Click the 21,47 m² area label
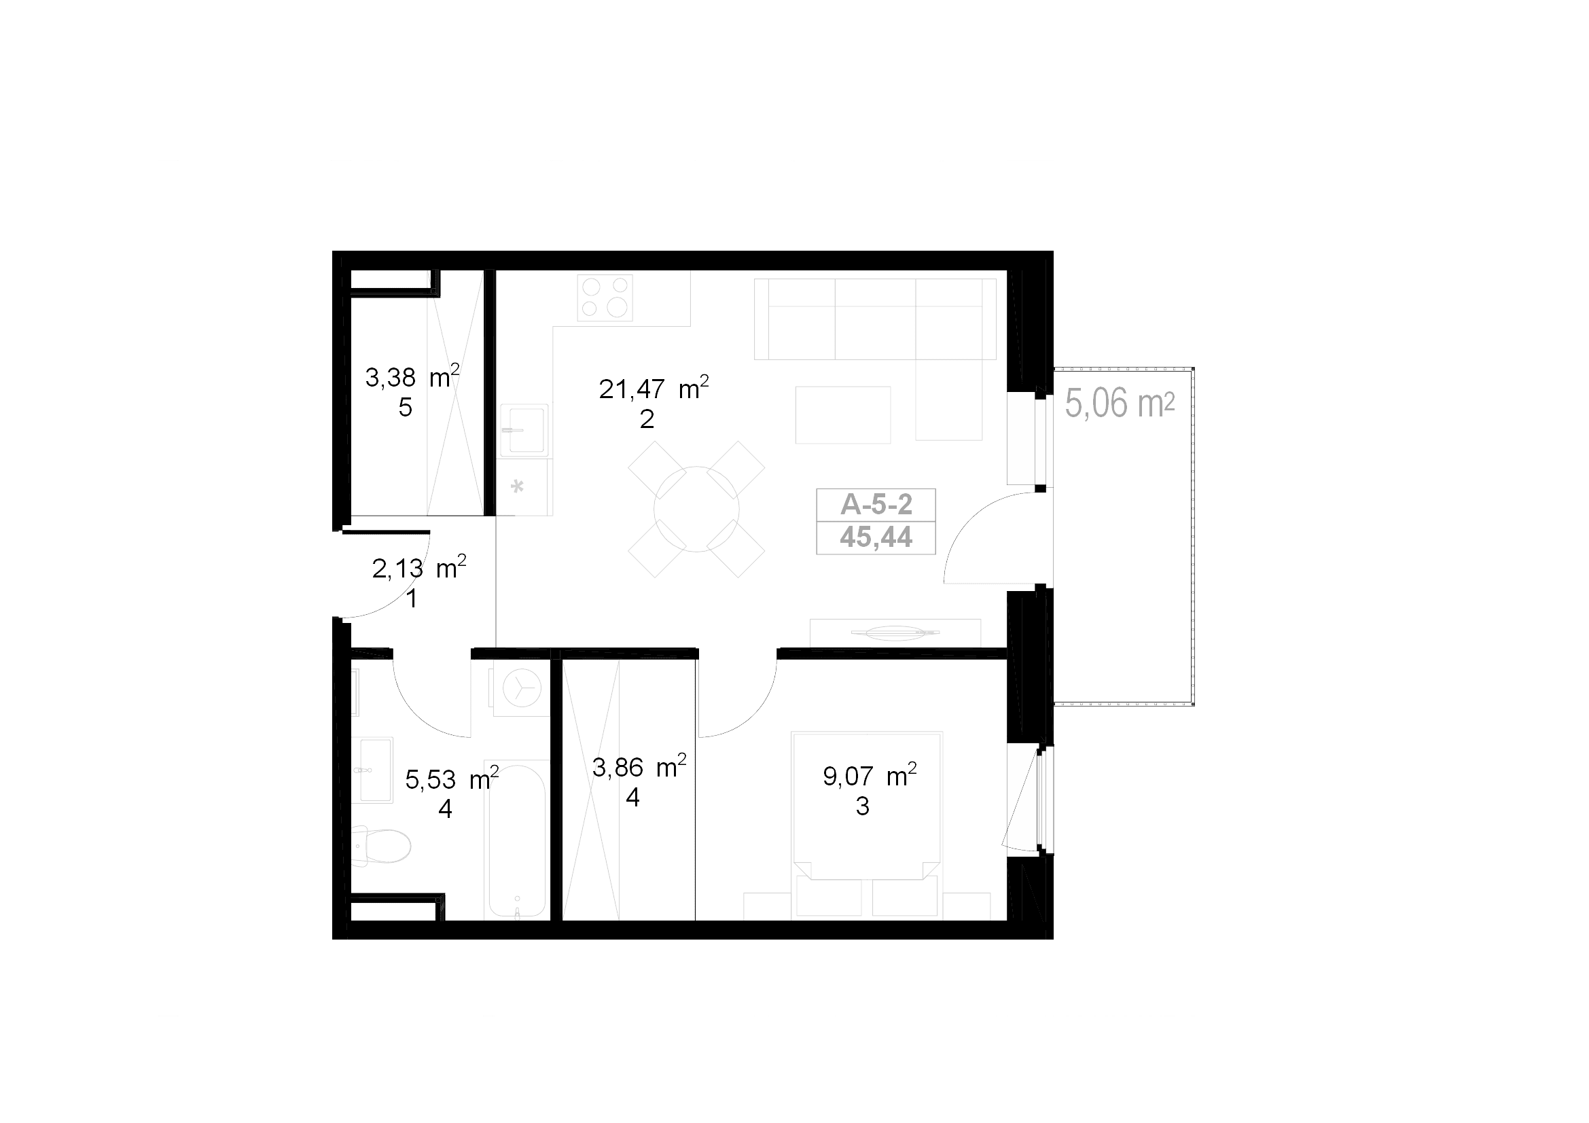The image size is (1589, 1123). click(x=654, y=388)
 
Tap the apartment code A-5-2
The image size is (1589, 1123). click(x=876, y=505)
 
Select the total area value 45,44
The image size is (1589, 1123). click(x=876, y=537)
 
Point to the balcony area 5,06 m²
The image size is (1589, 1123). click(x=1120, y=404)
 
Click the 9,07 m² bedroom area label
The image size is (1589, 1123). click(x=870, y=776)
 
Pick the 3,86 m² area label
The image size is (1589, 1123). click(x=639, y=766)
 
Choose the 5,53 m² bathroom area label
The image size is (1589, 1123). click(x=452, y=779)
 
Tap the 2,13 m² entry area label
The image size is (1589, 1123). click(x=418, y=567)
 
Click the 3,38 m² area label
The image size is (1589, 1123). click(x=412, y=376)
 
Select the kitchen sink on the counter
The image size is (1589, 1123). click(x=524, y=429)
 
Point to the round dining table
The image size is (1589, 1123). click(x=696, y=510)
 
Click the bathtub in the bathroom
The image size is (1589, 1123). click(x=517, y=840)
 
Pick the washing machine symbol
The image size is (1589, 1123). click(x=521, y=689)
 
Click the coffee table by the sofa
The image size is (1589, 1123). click(x=843, y=415)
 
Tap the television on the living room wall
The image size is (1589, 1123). click(x=895, y=632)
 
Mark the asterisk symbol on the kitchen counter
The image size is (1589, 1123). click(x=517, y=486)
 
